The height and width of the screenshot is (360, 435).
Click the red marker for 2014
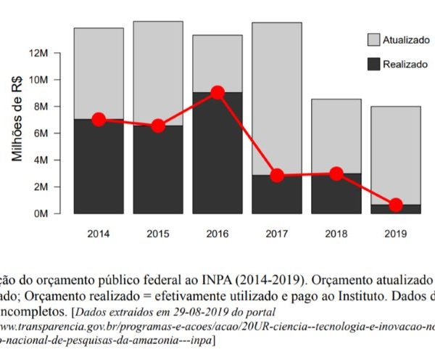[x=99, y=119]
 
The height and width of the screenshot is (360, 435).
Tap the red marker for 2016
[x=217, y=92]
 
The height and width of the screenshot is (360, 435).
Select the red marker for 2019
[x=396, y=205]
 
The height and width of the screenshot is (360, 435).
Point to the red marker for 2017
[x=277, y=176]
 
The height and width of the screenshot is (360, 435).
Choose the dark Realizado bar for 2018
[x=336, y=193]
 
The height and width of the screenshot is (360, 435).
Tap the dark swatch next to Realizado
[x=373, y=65]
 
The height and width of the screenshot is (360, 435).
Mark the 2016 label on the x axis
[x=217, y=234]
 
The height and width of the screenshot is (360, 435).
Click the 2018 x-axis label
[x=336, y=234]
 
